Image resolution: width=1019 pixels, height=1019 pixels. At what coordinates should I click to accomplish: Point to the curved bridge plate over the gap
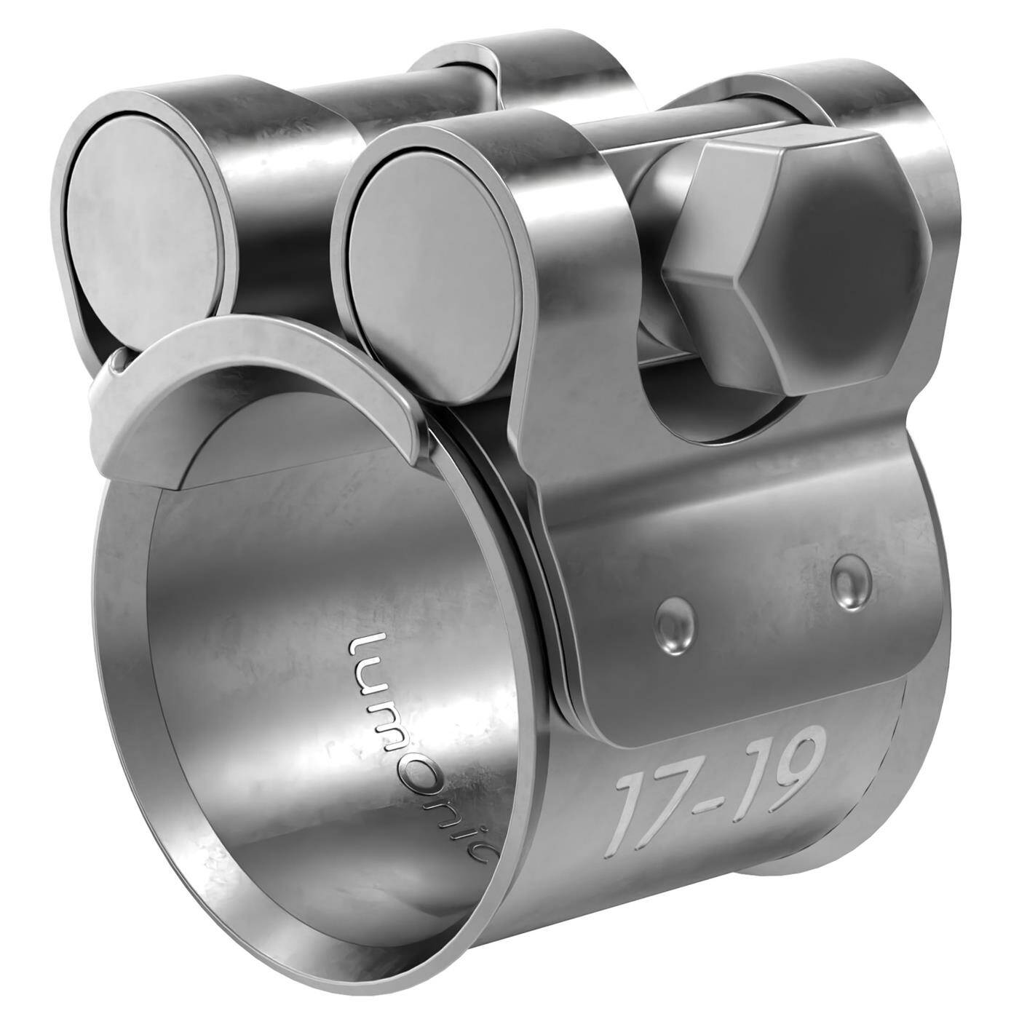(x=269, y=378)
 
